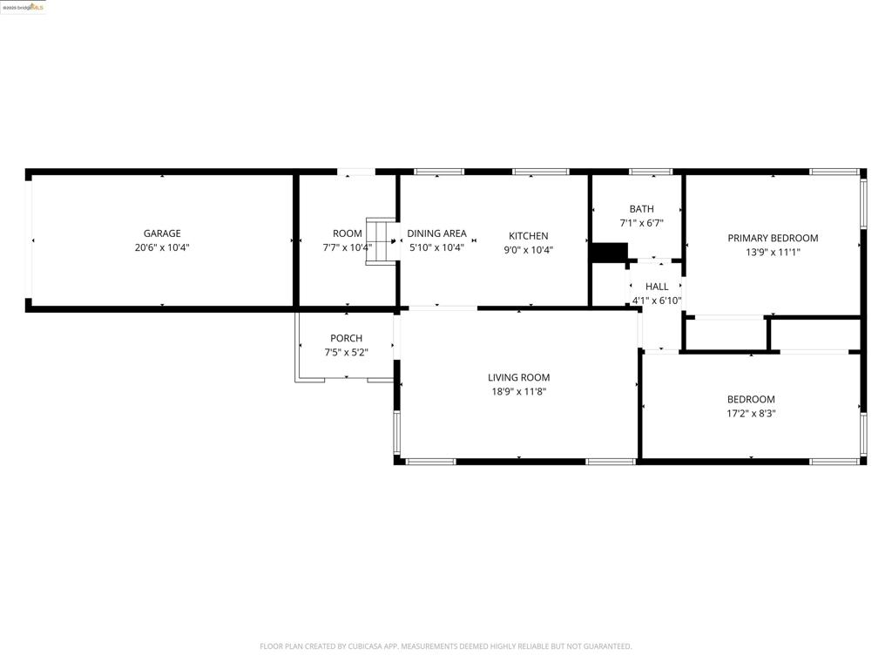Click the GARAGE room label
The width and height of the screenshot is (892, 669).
162,233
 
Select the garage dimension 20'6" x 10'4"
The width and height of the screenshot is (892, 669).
162,247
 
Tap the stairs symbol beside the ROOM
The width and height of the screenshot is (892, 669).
381,241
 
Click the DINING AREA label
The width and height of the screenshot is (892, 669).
436,233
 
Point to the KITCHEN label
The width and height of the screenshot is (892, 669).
528,236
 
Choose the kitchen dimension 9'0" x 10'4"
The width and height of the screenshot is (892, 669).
528,250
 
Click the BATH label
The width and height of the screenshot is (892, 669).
641,209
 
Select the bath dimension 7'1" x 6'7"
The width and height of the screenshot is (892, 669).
641,223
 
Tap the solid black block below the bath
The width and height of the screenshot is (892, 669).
608,252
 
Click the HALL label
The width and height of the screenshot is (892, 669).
657,287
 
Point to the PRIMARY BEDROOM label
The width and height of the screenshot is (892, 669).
773,238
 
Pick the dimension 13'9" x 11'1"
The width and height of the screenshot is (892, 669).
773,253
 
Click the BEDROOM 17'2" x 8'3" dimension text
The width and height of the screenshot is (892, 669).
751,414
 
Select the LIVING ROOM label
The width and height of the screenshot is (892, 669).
518,377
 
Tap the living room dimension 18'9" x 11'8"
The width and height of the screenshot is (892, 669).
518,392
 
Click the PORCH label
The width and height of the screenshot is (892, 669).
346,338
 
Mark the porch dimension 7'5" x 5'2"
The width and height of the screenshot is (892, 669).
346,353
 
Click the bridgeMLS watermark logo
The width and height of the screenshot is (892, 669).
24,7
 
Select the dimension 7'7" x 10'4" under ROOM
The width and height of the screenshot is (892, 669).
347,247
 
